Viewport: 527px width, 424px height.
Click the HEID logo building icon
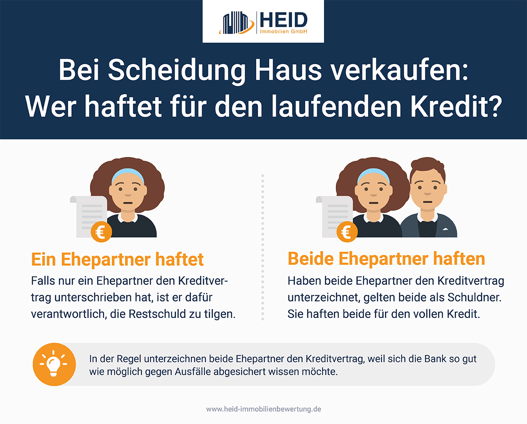tap(237, 23)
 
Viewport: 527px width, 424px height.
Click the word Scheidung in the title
tap(177, 71)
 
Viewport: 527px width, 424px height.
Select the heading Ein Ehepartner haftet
tap(117, 259)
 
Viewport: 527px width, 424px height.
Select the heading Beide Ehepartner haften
tap(386, 259)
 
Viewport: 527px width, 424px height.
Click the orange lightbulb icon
tap(54, 364)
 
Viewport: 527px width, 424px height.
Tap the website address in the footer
tap(263, 409)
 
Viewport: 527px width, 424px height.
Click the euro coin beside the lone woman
tap(101, 232)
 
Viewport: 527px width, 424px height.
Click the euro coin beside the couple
tap(347, 232)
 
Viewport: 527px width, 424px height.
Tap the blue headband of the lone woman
tap(128, 175)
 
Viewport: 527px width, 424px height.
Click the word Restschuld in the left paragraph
tap(157, 314)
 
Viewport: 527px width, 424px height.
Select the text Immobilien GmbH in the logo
tap(283, 31)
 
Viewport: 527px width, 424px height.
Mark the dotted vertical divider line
tap(263, 247)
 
